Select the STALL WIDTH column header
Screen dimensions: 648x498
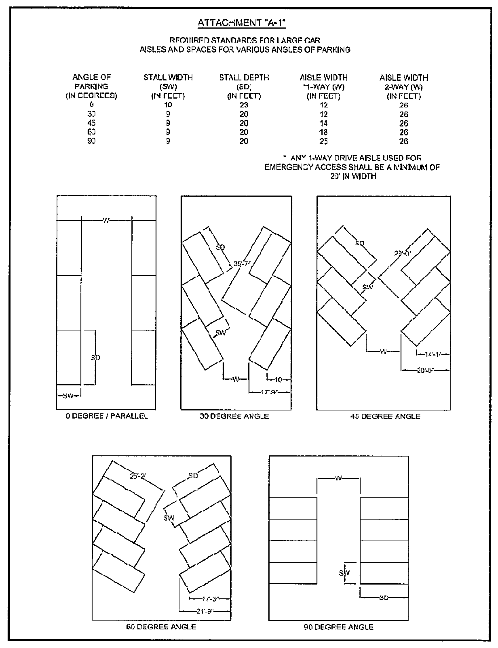168,78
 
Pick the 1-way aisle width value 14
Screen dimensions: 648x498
323,123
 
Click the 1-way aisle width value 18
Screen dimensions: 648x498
323,132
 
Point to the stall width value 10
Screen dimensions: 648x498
168,105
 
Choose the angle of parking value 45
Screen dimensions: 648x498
91,123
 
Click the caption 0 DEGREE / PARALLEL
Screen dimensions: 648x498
106,416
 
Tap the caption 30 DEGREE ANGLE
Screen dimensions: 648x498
234,416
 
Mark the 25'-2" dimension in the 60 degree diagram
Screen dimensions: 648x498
138,476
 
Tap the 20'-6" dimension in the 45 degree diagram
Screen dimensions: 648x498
425,370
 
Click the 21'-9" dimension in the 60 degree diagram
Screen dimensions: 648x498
205,611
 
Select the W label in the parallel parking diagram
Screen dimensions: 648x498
106,220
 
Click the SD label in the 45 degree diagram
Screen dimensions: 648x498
359,243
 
